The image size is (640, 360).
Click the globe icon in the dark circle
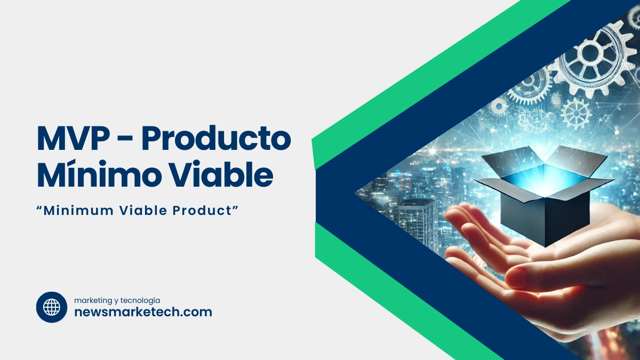[52, 307]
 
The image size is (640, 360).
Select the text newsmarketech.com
[143, 312]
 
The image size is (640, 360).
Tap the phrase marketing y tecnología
[117, 300]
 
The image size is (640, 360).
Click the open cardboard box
[544, 197]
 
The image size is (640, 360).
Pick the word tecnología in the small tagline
[141, 300]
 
